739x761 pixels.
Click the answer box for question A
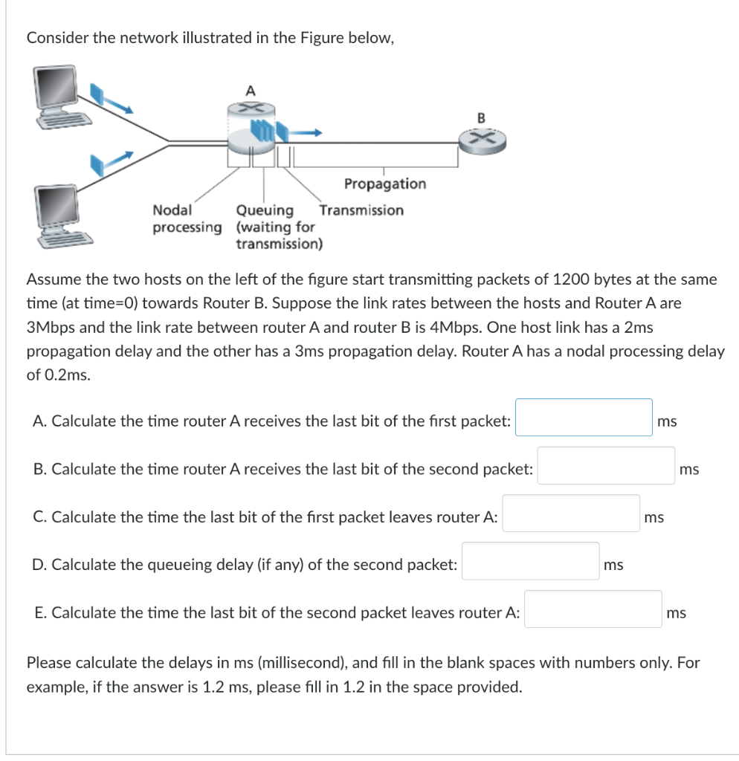(x=584, y=418)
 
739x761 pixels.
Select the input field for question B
(x=606, y=466)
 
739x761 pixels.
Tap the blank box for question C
(x=571, y=514)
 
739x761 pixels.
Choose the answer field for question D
(x=530, y=562)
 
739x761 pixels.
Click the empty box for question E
(x=593, y=609)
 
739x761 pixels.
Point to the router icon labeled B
(x=480, y=140)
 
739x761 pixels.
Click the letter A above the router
(x=250, y=90)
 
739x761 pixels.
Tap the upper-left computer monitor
(x=57, y=91)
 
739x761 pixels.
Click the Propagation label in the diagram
(x=385, y=184)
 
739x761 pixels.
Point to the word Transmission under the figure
(x=362, y=210)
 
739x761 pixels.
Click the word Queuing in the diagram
(x=265, y=210)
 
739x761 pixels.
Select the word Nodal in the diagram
(x=172, y=210)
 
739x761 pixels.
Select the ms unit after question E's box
(x=677, y=613)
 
